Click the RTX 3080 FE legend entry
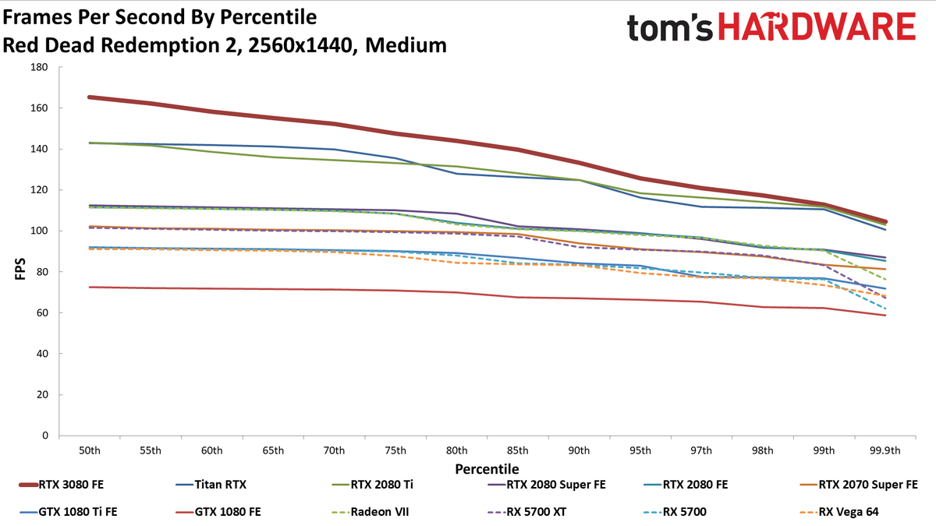tap(62, 485)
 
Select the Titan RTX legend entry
tap(211, 485)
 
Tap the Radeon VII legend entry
tap(370, 512)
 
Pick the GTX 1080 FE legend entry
tap(218, 512)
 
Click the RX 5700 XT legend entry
tap(527, 512)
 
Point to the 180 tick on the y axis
tap(39, 67)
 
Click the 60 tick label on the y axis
tap(42, 312)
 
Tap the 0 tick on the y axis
tap(45, 436)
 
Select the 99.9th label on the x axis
tap(885, 451)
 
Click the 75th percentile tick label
tap(395, 451)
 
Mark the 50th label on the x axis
tap(90, 451)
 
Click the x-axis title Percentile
tap(487, 469)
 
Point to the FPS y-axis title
tap(20, 269)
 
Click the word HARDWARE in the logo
tap(817, 27)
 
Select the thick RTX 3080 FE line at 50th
tap(90, 97)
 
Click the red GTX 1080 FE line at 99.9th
tap(885, 315)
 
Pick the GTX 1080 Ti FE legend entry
tap(68, 512)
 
